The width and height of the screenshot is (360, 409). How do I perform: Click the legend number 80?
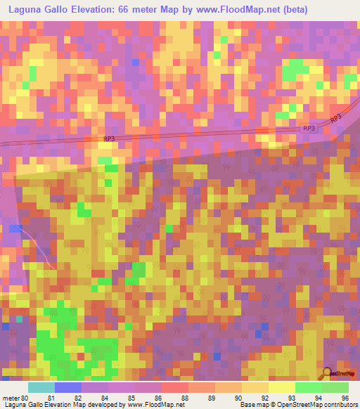(x=25, y=397)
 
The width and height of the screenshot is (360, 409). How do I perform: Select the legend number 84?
(x=104, y=397)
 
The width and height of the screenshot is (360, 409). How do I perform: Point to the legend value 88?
(x=184, y=397)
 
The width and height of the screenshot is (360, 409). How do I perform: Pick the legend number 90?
(x=238, y=397)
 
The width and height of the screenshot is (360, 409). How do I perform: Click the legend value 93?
(x=290, y=397)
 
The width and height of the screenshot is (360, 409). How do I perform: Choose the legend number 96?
(x=344, y=397)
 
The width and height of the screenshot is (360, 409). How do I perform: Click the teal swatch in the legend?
(x=41, y=387)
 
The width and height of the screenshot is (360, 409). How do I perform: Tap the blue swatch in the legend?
(x=68, y=387)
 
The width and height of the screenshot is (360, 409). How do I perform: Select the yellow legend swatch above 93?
(x=282, y=387)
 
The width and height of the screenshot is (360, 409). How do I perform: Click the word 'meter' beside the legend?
(x=10, y=397)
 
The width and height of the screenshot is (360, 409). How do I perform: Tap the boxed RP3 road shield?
(x=309, y=129)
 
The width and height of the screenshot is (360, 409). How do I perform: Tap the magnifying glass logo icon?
(x=326, y=373)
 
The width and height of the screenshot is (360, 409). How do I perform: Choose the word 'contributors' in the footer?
(x=339, y=405)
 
